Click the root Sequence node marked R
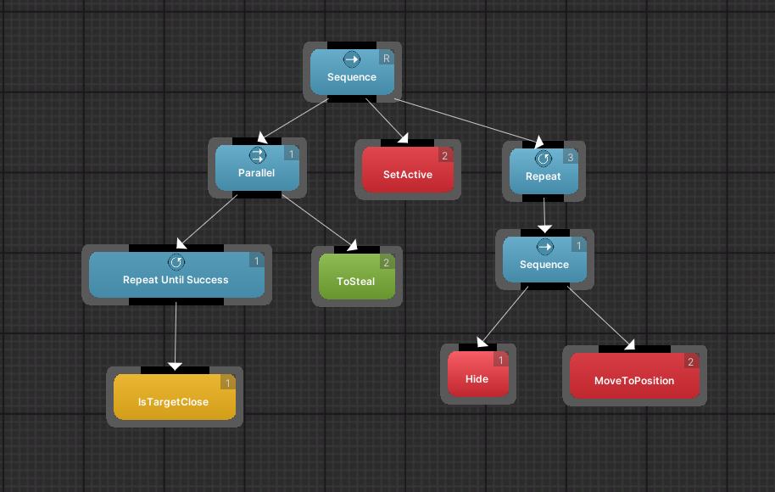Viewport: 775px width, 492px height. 352,72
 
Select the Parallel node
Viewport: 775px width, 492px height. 257,168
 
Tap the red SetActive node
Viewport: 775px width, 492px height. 408,170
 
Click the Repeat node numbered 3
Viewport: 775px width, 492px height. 544,171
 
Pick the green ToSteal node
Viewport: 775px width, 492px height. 356,277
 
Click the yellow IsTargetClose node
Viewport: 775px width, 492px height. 174,397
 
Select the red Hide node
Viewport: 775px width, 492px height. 477,374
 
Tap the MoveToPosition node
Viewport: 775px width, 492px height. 634,376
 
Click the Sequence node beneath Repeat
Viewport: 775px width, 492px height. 544,259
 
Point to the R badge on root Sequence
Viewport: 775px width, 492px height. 387,58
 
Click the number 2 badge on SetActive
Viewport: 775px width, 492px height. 444,155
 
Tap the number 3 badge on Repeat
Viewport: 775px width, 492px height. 571,156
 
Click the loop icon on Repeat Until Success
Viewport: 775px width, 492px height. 176,262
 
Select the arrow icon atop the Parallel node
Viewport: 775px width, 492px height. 257,155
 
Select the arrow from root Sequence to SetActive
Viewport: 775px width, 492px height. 387,120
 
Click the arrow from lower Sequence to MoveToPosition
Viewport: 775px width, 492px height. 600,319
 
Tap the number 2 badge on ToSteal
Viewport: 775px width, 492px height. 386,263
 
